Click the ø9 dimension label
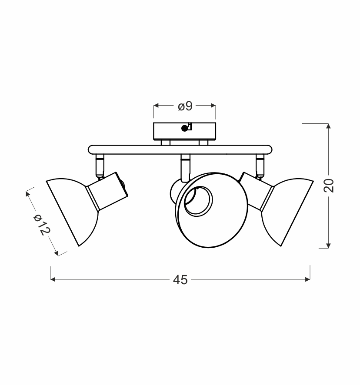[x=185, y=106]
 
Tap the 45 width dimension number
[x=180, y=280]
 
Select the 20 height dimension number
[x=329, y=186]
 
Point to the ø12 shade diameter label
[x=42, y=225]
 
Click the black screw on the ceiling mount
[x=184, y=128]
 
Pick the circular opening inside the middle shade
[x=198, y=201]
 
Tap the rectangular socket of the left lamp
[x=108, y=192]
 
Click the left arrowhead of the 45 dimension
[x=53, y=279]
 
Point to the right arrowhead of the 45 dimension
[x=307, y=279]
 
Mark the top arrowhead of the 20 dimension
[x=328, y=126]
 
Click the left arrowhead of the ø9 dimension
[x=156, y=106]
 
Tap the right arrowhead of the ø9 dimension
[x=213, y=106]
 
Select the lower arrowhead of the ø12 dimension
[x=57, y=253]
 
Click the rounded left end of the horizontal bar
[x=91, y=149]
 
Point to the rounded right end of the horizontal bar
[x=269, y=149]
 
